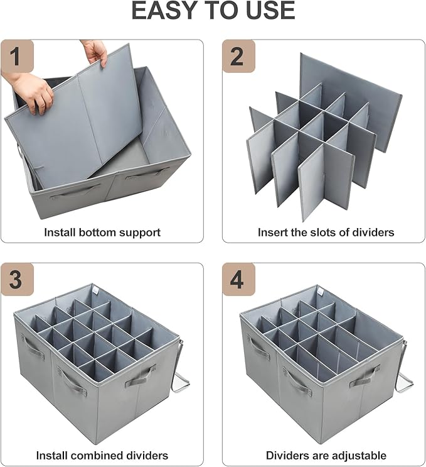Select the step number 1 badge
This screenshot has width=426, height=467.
[17, 56]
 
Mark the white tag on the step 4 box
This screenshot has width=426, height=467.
[321, 290]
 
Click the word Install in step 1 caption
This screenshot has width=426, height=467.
[60, 232]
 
